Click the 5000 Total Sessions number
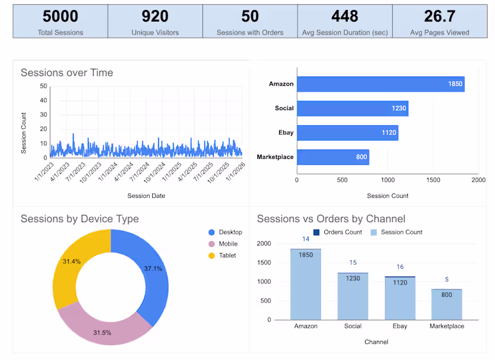coord(59,16)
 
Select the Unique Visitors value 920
coord(155,16)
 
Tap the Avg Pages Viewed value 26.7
coord(439,16)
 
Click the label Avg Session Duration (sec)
coord(345,32)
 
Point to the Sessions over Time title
coord(67,72)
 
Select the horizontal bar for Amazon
coord(380,84)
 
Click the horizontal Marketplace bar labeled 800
coord(332,157)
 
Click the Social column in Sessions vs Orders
coord(353,296)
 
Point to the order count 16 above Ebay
coord(400,267)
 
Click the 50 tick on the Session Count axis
coord(43,86)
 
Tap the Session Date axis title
coord(146,196)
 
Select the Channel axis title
coord(377,341)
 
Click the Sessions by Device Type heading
coord(79,219)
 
